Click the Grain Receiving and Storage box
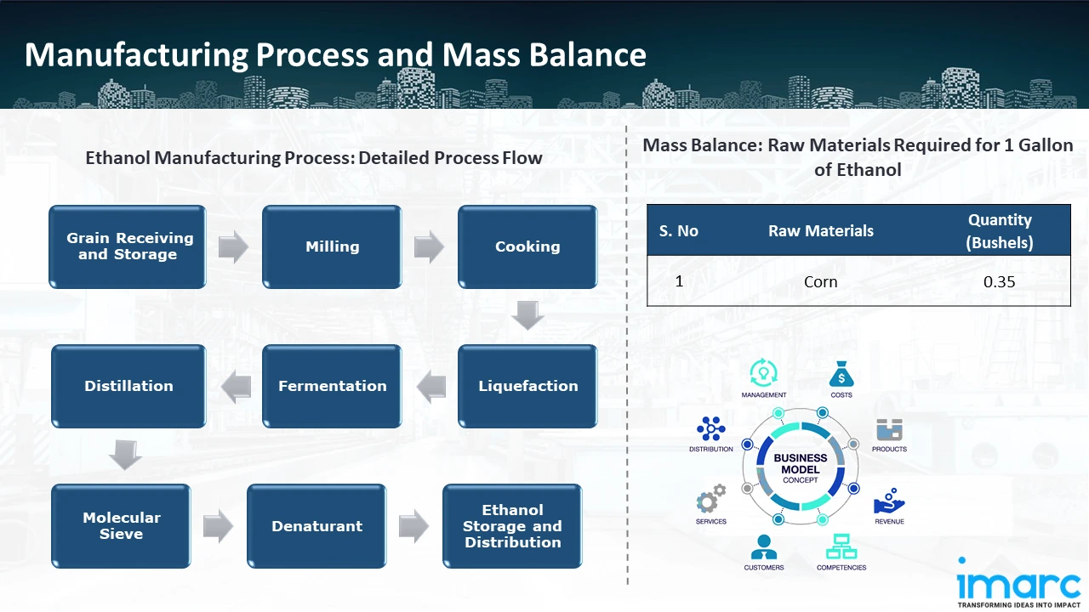pyautogui.click(x=128, y=246)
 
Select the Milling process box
pyautogui.click(x=332, y=246)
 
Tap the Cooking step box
pyautogui.click(x=527, y=246)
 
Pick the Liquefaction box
pyautogui.click(x=527, y=386)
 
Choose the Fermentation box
pyautogui.click(x=332, y=386)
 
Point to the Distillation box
pyautogui.click(x=128, y=386)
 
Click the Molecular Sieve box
pyautogui.click(x=121, y=525)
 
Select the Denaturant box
pyautogui.click(x=316, y=526)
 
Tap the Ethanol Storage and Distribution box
pyautogui.click(x=512, y=525)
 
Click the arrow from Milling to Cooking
pyautogui.click(x=430, y=247)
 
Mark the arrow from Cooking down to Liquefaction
pyautogui.click(x=528, y=315)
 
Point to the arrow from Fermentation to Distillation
pyautogui.click(x=236, y=387)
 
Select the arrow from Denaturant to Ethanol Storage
pyautogui.click(x=414, y=526)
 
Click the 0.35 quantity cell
pyautogui.click(x=999, y=281)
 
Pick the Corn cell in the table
pyautogui.click(x=820, y=281)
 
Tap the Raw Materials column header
pyautogui.click(x=820, y=230)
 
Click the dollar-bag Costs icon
pyautogui.click(x=841, y=375)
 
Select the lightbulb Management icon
pyautogui.click(x=763, y=373)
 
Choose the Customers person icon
pyautogui.click(x=763, y=547)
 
